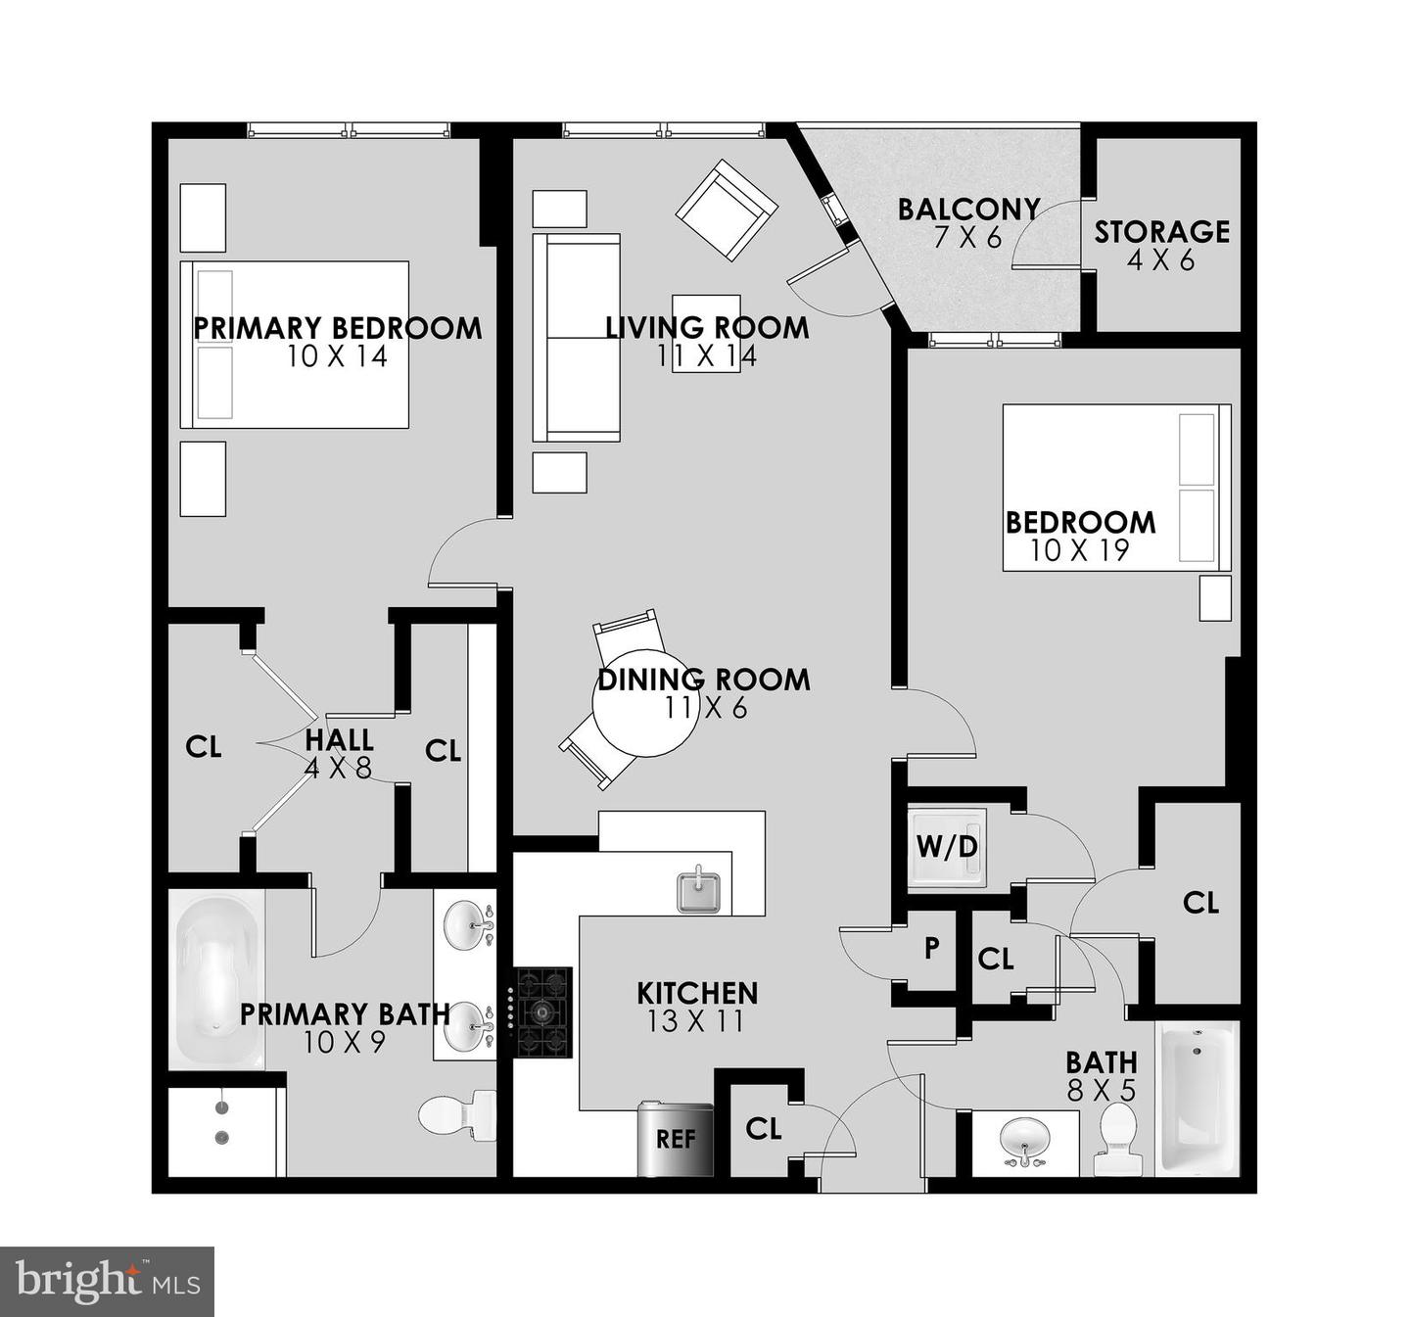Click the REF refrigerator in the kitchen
click(676, 1139)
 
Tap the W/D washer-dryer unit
click(945, 846)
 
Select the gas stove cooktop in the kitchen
click(543, 1011)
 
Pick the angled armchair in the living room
click(727, 211)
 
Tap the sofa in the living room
click(576, 338)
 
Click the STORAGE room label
click(1161, 232)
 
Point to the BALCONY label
click(967, 210)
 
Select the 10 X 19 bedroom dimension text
click(1079, 551)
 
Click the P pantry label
click(932, 948)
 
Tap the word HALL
click(339, 739)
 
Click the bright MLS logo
click(108, 1281)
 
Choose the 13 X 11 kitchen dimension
click(695, 1021)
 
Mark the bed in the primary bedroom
click(294, 344)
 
